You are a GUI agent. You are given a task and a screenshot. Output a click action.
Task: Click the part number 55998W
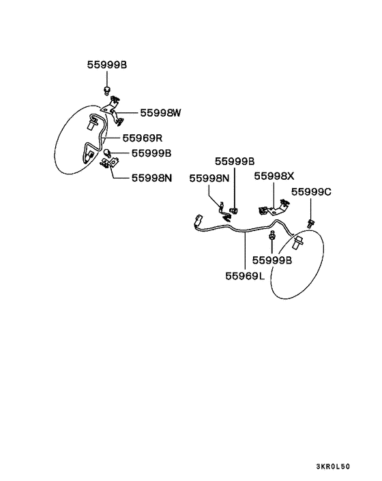160,113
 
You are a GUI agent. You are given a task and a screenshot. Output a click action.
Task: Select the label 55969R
142,138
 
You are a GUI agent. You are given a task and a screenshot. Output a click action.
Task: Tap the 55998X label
274,176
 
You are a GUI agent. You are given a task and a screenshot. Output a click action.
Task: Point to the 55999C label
311,191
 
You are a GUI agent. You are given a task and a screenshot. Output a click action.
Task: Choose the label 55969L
245,276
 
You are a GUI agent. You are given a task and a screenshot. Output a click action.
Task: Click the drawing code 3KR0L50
333,467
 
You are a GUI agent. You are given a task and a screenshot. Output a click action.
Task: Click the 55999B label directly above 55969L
272,260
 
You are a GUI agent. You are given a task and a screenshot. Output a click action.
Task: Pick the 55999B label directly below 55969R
151,153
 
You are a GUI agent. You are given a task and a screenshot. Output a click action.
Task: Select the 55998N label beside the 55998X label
209,179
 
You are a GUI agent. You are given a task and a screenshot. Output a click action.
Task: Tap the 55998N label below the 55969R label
151,178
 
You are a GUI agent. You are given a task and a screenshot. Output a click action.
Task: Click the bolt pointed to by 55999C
310,223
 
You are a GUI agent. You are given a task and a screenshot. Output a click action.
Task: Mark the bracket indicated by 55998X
274,208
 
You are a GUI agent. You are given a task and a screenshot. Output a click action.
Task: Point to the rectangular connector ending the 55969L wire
199,220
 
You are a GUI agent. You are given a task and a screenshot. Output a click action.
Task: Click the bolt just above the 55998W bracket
106,90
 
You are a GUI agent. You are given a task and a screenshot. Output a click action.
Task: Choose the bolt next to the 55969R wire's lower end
107,153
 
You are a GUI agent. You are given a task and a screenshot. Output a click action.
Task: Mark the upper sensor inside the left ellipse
92,124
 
